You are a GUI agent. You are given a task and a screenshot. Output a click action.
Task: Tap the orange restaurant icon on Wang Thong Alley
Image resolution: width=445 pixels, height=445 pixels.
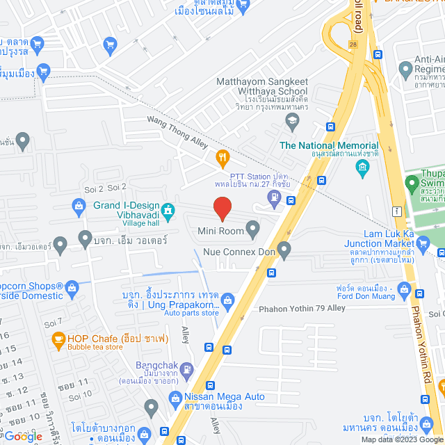(222, 158)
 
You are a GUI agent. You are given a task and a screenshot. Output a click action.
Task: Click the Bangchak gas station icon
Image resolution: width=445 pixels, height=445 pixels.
(187, 369)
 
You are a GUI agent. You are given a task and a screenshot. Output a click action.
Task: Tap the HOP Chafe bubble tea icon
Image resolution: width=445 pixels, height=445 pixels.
(58, 340)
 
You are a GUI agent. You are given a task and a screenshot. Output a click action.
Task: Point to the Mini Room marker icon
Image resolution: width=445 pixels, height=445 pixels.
(253, 228)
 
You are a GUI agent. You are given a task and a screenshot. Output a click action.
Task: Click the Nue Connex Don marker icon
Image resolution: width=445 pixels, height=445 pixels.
(284, 248)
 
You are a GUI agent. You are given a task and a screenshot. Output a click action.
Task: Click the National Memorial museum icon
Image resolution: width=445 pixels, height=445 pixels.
(362, 167)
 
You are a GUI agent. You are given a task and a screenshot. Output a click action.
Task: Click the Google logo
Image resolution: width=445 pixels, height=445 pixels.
(23, 435)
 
